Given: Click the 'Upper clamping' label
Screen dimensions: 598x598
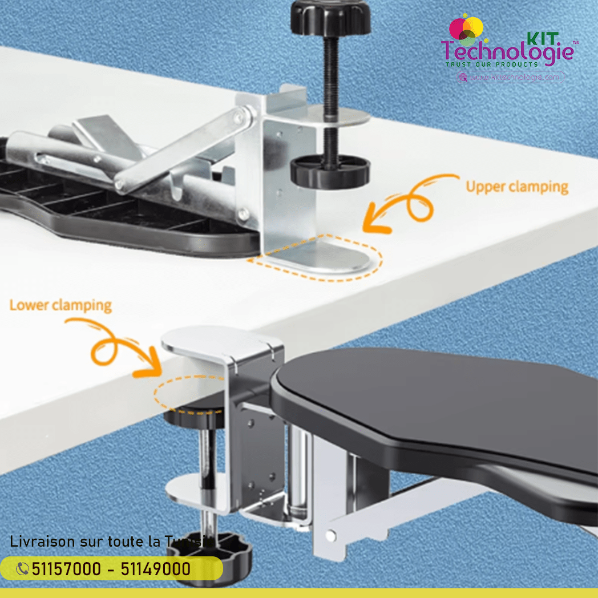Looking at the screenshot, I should point(517,187).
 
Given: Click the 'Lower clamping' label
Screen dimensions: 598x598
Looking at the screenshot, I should point(60,305).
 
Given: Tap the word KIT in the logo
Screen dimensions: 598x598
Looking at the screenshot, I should point(542,38).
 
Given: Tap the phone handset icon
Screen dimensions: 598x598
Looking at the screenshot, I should point(23,569).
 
